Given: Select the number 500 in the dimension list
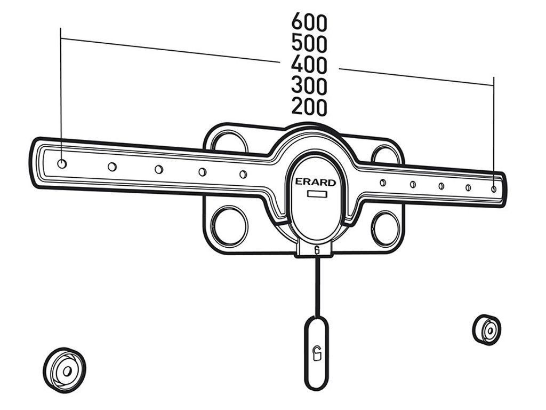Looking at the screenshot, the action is point(309,43).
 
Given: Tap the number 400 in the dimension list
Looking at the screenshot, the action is point(309,64).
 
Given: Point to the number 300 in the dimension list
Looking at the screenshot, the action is point(309,85).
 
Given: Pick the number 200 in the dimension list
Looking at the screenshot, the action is point(309,106).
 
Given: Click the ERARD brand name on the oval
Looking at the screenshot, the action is point(316,182).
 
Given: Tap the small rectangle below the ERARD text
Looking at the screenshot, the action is point(317,194).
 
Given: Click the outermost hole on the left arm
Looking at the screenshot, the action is point(62,163).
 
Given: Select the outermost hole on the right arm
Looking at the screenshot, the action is point(493,189).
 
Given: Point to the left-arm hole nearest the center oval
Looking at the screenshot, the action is point(243,174).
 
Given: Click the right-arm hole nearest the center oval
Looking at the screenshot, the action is point(383,183).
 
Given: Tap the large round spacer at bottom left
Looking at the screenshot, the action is point(65,370).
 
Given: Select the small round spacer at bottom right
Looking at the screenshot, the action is point(487,329).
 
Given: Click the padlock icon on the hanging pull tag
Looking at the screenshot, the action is point(316,354).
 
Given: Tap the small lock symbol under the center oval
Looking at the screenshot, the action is point(317,249).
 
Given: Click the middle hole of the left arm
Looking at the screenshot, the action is point(159,169).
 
